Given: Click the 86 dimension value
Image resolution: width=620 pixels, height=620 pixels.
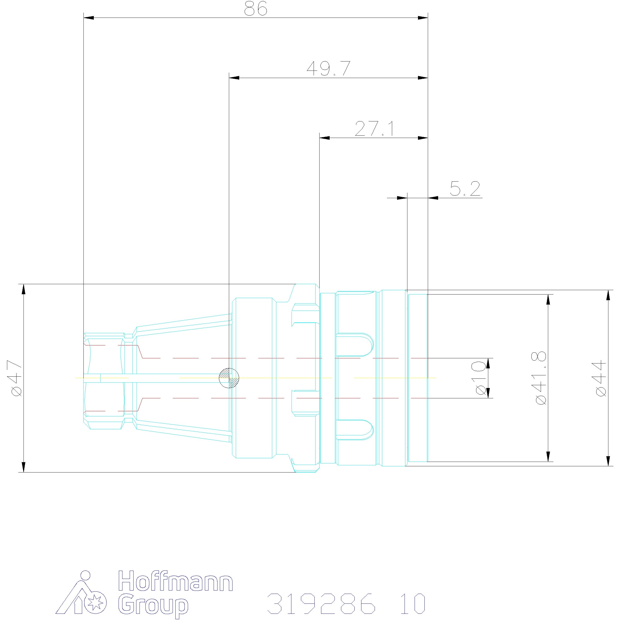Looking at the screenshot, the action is click(x=255, y=9).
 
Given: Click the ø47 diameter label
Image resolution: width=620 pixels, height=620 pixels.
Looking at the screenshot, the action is click(x=15, y=378).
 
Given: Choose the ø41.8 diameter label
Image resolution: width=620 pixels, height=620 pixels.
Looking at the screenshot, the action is click(x=540, y=378).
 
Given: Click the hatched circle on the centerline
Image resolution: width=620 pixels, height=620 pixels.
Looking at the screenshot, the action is click(x=229, y=378).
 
